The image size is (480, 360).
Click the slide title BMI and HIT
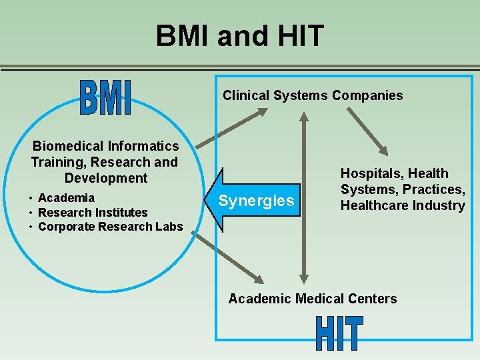pyautogui.click(x=239, y=35)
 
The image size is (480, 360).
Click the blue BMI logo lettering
pyautogui.click(x=105, y=98)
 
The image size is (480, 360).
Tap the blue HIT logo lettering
pyautogui.click(x=339, y=333)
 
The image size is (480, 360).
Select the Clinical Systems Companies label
pyautogui.click(x=313, y=95)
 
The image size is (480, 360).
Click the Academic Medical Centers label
pyautogui.click(x=312, y=299)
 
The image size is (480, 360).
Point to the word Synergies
pyautogui.click(x=256, y=201)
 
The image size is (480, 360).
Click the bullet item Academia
pyautogui.click(x=66, y=198)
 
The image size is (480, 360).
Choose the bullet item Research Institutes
pyautogui.click(x=93, y=213)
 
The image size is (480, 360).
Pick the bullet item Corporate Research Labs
pyautogui.click(x=110, y=227)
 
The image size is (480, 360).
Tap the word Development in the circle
pyautogui.click(x=106, y=178)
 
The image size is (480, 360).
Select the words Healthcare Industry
pyautogui.click(x=403, y=205)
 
